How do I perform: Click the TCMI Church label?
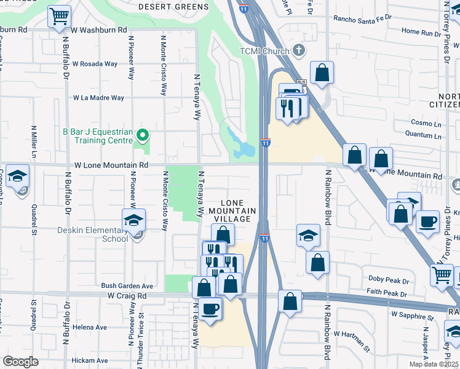point(265,51)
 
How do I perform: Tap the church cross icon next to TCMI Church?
point(298,50)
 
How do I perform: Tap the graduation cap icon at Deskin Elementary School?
point(133,221)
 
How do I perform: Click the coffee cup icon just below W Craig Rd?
point(210,309)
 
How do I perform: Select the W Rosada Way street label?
point(95,63)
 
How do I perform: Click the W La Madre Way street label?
point(98,97)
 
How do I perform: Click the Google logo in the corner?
point(20,362)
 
